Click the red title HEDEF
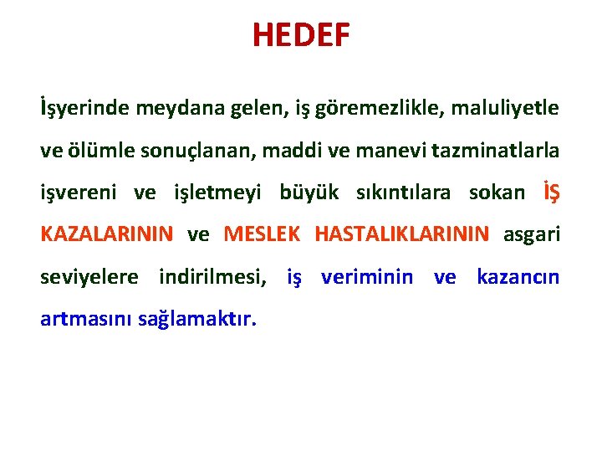[301, 36]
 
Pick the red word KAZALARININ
[107, 234]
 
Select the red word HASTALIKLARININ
[402, 234]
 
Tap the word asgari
[532, 234]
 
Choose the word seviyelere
[89, 276]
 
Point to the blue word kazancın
[518, 277]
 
